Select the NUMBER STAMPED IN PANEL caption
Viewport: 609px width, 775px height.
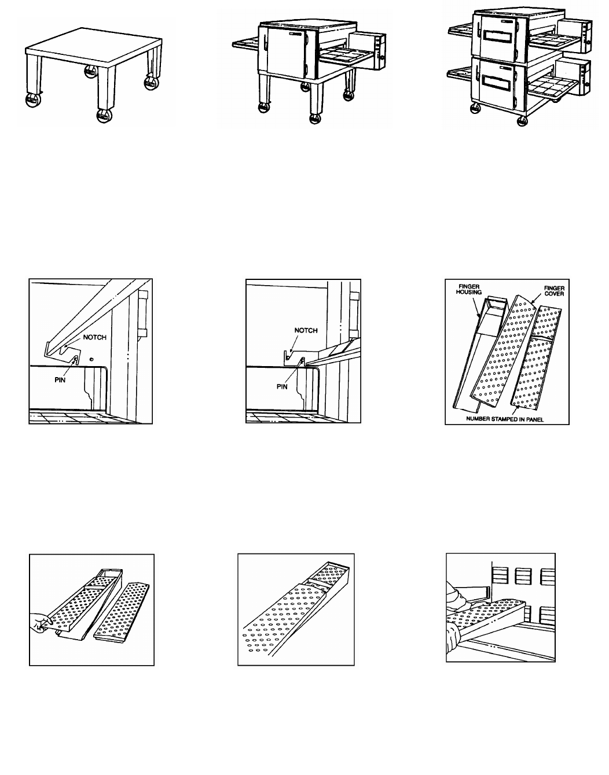(507, 418)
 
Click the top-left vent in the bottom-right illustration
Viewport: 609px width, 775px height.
(500, 576)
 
